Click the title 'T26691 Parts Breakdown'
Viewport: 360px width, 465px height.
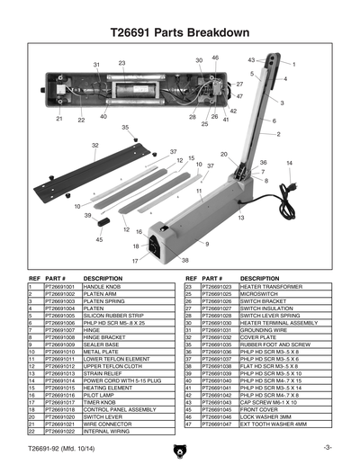(179, 33)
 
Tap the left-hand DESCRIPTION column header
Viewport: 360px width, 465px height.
(103, 278)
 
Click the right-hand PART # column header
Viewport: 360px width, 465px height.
(213, 278)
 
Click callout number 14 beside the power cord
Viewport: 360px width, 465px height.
(289, 163)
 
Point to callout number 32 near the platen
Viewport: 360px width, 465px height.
(94, 145)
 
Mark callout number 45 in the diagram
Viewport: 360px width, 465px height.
(98, 240)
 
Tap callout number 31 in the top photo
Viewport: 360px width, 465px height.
(96, 66)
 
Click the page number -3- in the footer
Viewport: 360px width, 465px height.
(328, 447)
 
